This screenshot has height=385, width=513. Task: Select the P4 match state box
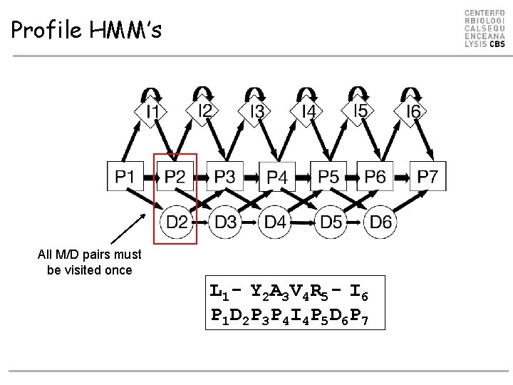point(277,176)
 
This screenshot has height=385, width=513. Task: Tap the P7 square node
point(428,175)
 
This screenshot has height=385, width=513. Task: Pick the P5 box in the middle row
point(328,175)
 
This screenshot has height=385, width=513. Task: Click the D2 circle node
point(177,222)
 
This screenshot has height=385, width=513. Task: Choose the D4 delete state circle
point(276,222)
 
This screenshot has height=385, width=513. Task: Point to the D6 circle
point(381,222)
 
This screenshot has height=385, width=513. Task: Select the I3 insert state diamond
point(256,112)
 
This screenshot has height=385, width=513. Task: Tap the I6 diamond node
point(413,112)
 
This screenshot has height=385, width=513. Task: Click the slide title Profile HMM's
point(86,30)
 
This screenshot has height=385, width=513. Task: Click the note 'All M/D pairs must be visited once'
point(90,262)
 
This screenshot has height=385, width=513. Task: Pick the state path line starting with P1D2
point(289,314)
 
